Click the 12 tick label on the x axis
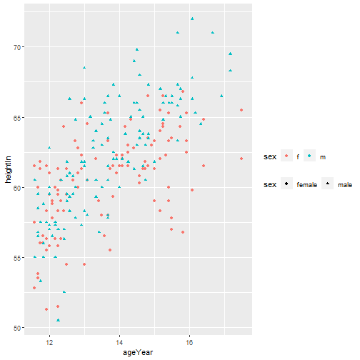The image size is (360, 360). pos(49,341)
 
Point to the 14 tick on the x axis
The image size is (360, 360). pos(119,341)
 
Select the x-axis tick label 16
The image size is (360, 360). pos(189,341)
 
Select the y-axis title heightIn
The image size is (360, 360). pos(6,170)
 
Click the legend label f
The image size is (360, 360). pos(298,157)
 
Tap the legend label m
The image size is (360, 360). pos(323,157)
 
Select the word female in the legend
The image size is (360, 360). pos(306,185)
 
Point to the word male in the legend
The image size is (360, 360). pos(344,185)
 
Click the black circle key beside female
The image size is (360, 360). pos(286,185)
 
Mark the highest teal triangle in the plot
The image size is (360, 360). pos(192,19)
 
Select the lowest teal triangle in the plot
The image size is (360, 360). pos(58,319)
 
